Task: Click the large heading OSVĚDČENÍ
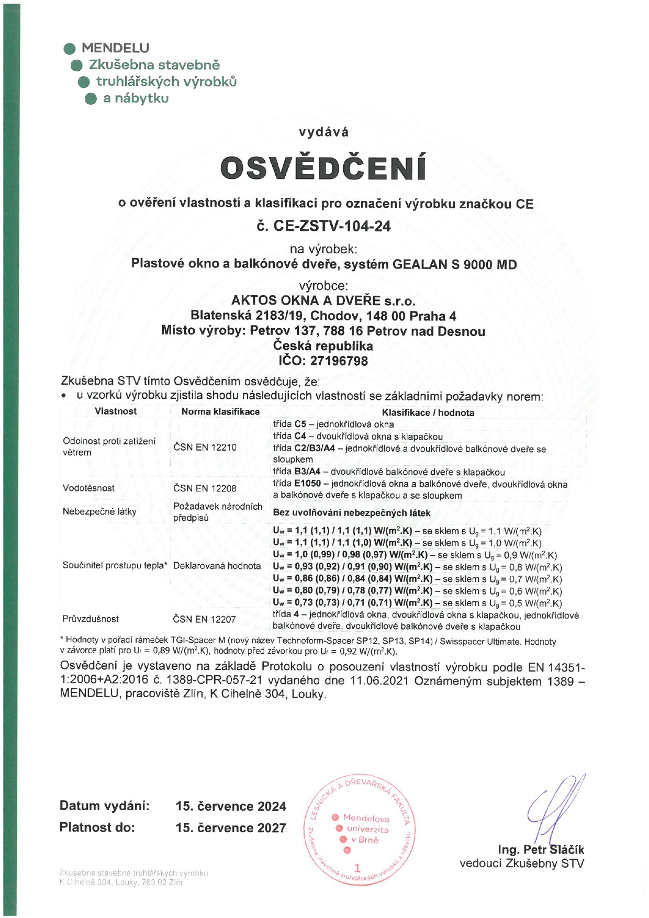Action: [x=323, y=167]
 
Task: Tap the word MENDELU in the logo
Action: [x=115, y=48]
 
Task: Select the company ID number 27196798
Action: [x=339, y=361]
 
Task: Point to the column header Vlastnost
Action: [x=116, y=411]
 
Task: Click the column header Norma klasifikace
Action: [x=220, y=412]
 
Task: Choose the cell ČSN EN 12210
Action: [x=205, y=447]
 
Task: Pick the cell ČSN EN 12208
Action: [x=205, y=488]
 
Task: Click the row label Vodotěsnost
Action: [x=88, y=488]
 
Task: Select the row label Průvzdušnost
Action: [x=91, y=619]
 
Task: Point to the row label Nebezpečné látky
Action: [x=99, y=511]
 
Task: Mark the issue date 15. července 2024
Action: [x=231, y=806]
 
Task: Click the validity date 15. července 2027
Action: [x=231, y=828]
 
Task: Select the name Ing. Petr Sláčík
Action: [x=541, y=849]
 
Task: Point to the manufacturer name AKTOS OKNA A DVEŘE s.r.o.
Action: [x=323, y=301]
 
